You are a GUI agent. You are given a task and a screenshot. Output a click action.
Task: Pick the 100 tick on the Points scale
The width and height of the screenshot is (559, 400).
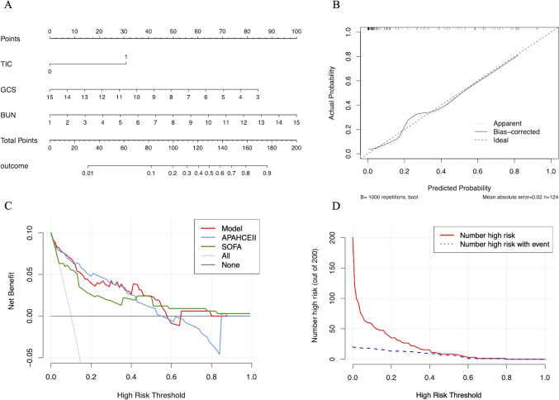coord(295,31)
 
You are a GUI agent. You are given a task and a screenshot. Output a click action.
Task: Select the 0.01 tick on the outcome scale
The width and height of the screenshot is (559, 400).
coord(88,174)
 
